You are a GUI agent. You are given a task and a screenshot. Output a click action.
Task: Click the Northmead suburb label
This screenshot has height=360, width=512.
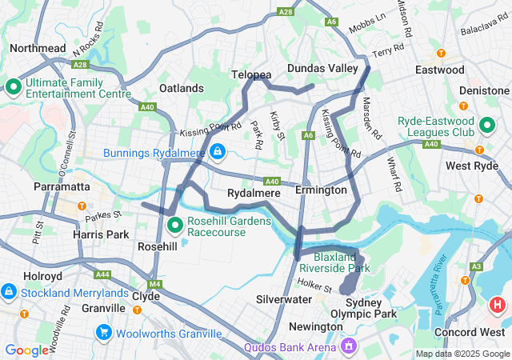pos(38,49)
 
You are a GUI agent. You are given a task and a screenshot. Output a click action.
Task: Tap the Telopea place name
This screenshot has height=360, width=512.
pos(251,74)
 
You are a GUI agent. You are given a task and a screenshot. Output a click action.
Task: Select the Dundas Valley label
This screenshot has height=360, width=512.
pos(322,69)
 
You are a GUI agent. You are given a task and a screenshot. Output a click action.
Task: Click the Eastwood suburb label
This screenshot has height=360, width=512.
pos(439,70)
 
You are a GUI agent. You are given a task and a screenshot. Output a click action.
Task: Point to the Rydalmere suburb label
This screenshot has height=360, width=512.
pos(254,193)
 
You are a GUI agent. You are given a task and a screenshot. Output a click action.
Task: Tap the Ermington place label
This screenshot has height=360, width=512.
pos(321,190)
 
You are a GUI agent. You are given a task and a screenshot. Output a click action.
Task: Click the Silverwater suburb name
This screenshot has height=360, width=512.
pos(283,298)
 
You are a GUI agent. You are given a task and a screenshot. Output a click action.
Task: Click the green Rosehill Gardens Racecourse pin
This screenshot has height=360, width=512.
pos(175,226)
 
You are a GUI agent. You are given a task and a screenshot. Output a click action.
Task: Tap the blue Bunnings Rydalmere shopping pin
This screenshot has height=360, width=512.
pos(218,151)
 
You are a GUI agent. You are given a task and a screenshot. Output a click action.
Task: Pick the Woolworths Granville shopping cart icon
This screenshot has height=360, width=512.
pos(103,332)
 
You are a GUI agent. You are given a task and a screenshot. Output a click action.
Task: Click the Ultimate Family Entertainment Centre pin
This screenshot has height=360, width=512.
pos(14,86)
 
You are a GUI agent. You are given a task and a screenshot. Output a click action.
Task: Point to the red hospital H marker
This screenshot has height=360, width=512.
pos(498,305)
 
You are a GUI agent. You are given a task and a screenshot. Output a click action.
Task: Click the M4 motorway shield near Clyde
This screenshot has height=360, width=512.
pos(154,284)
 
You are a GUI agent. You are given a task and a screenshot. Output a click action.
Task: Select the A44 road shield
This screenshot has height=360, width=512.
pos(102,274)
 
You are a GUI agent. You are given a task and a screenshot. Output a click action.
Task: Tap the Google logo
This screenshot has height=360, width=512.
pos(27,350)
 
